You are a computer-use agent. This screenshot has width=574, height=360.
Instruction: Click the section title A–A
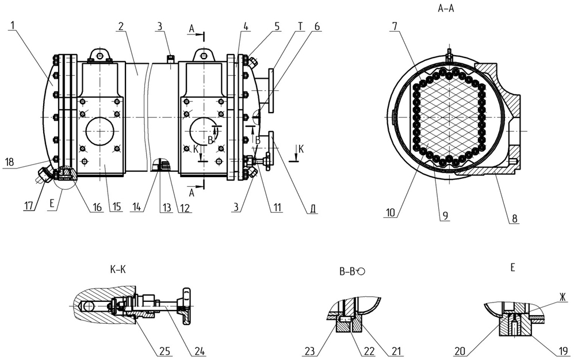tap(446, 9)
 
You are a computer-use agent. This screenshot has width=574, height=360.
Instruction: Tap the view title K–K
tap(117, 270)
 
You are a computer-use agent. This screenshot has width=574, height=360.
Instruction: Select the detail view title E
tap(512, 267)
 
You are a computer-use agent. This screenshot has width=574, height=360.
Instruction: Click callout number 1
tap(13, 26)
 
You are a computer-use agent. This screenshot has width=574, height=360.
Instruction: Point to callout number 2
tap(121, 26)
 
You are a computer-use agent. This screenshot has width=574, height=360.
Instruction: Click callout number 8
tap(514, 219)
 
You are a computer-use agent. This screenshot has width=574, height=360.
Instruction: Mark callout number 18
tap(9, 162)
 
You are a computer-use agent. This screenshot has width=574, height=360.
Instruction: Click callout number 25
tap(166, 351)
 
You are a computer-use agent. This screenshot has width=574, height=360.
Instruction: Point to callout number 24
tap(199, 351)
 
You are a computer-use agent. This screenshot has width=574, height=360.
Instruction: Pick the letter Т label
tap(300, 26)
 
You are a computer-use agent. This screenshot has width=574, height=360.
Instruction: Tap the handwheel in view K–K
tap(185, 303)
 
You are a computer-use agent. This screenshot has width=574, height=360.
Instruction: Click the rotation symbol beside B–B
tap(362, 271)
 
